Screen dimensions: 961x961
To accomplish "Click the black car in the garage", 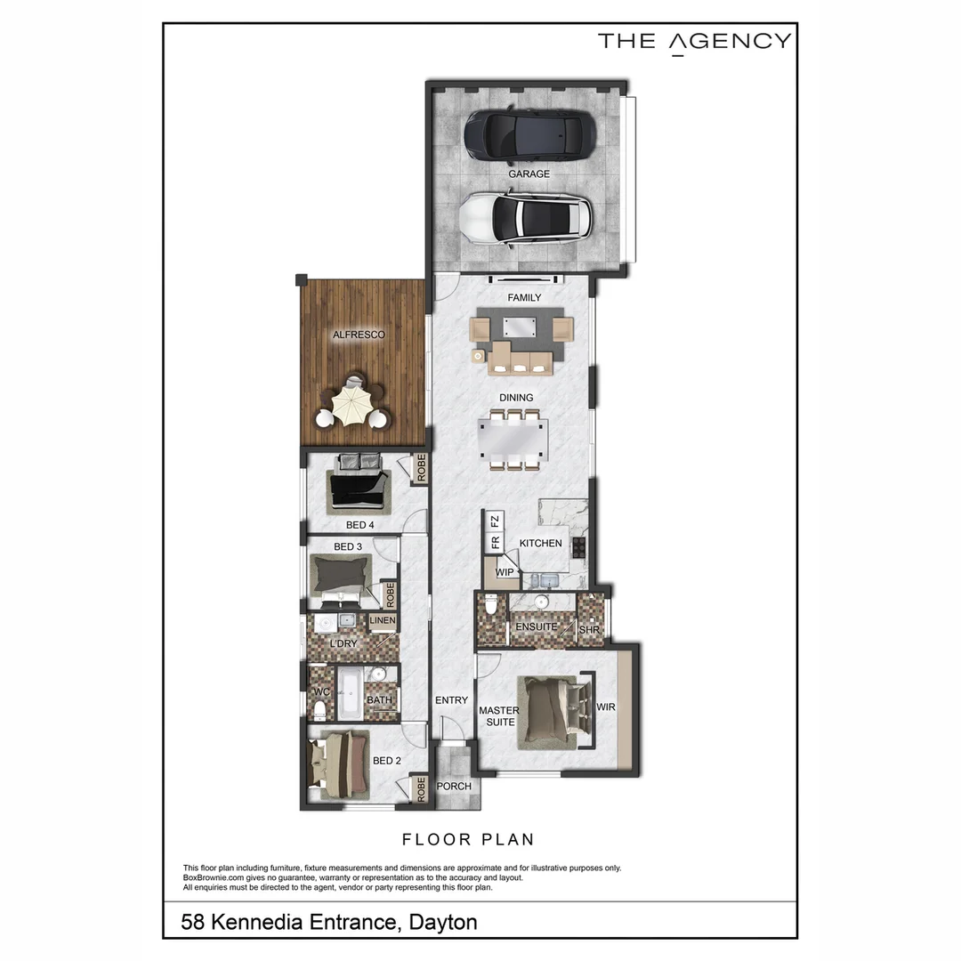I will tap(529, 134).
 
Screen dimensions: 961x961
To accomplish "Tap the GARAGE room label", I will tap(529, 174).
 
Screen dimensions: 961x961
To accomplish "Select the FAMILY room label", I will tap(524, 298).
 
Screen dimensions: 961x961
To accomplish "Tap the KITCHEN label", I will tap(541, 543).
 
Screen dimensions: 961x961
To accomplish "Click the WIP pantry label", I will tap(505, 572).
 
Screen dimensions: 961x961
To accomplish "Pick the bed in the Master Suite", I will tap(552, 709).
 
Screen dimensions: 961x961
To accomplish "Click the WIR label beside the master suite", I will tap(605, 707).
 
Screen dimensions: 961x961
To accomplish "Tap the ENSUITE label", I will tap(536, 626).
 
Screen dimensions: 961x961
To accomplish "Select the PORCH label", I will tap(454, 787).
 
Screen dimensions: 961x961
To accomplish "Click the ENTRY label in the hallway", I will tap(451, 700).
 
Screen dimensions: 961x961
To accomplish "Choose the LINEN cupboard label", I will tap(383, 620).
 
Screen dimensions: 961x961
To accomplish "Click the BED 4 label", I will tap(360, 525).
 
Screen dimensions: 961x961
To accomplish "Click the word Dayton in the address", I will tap(443, 922).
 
